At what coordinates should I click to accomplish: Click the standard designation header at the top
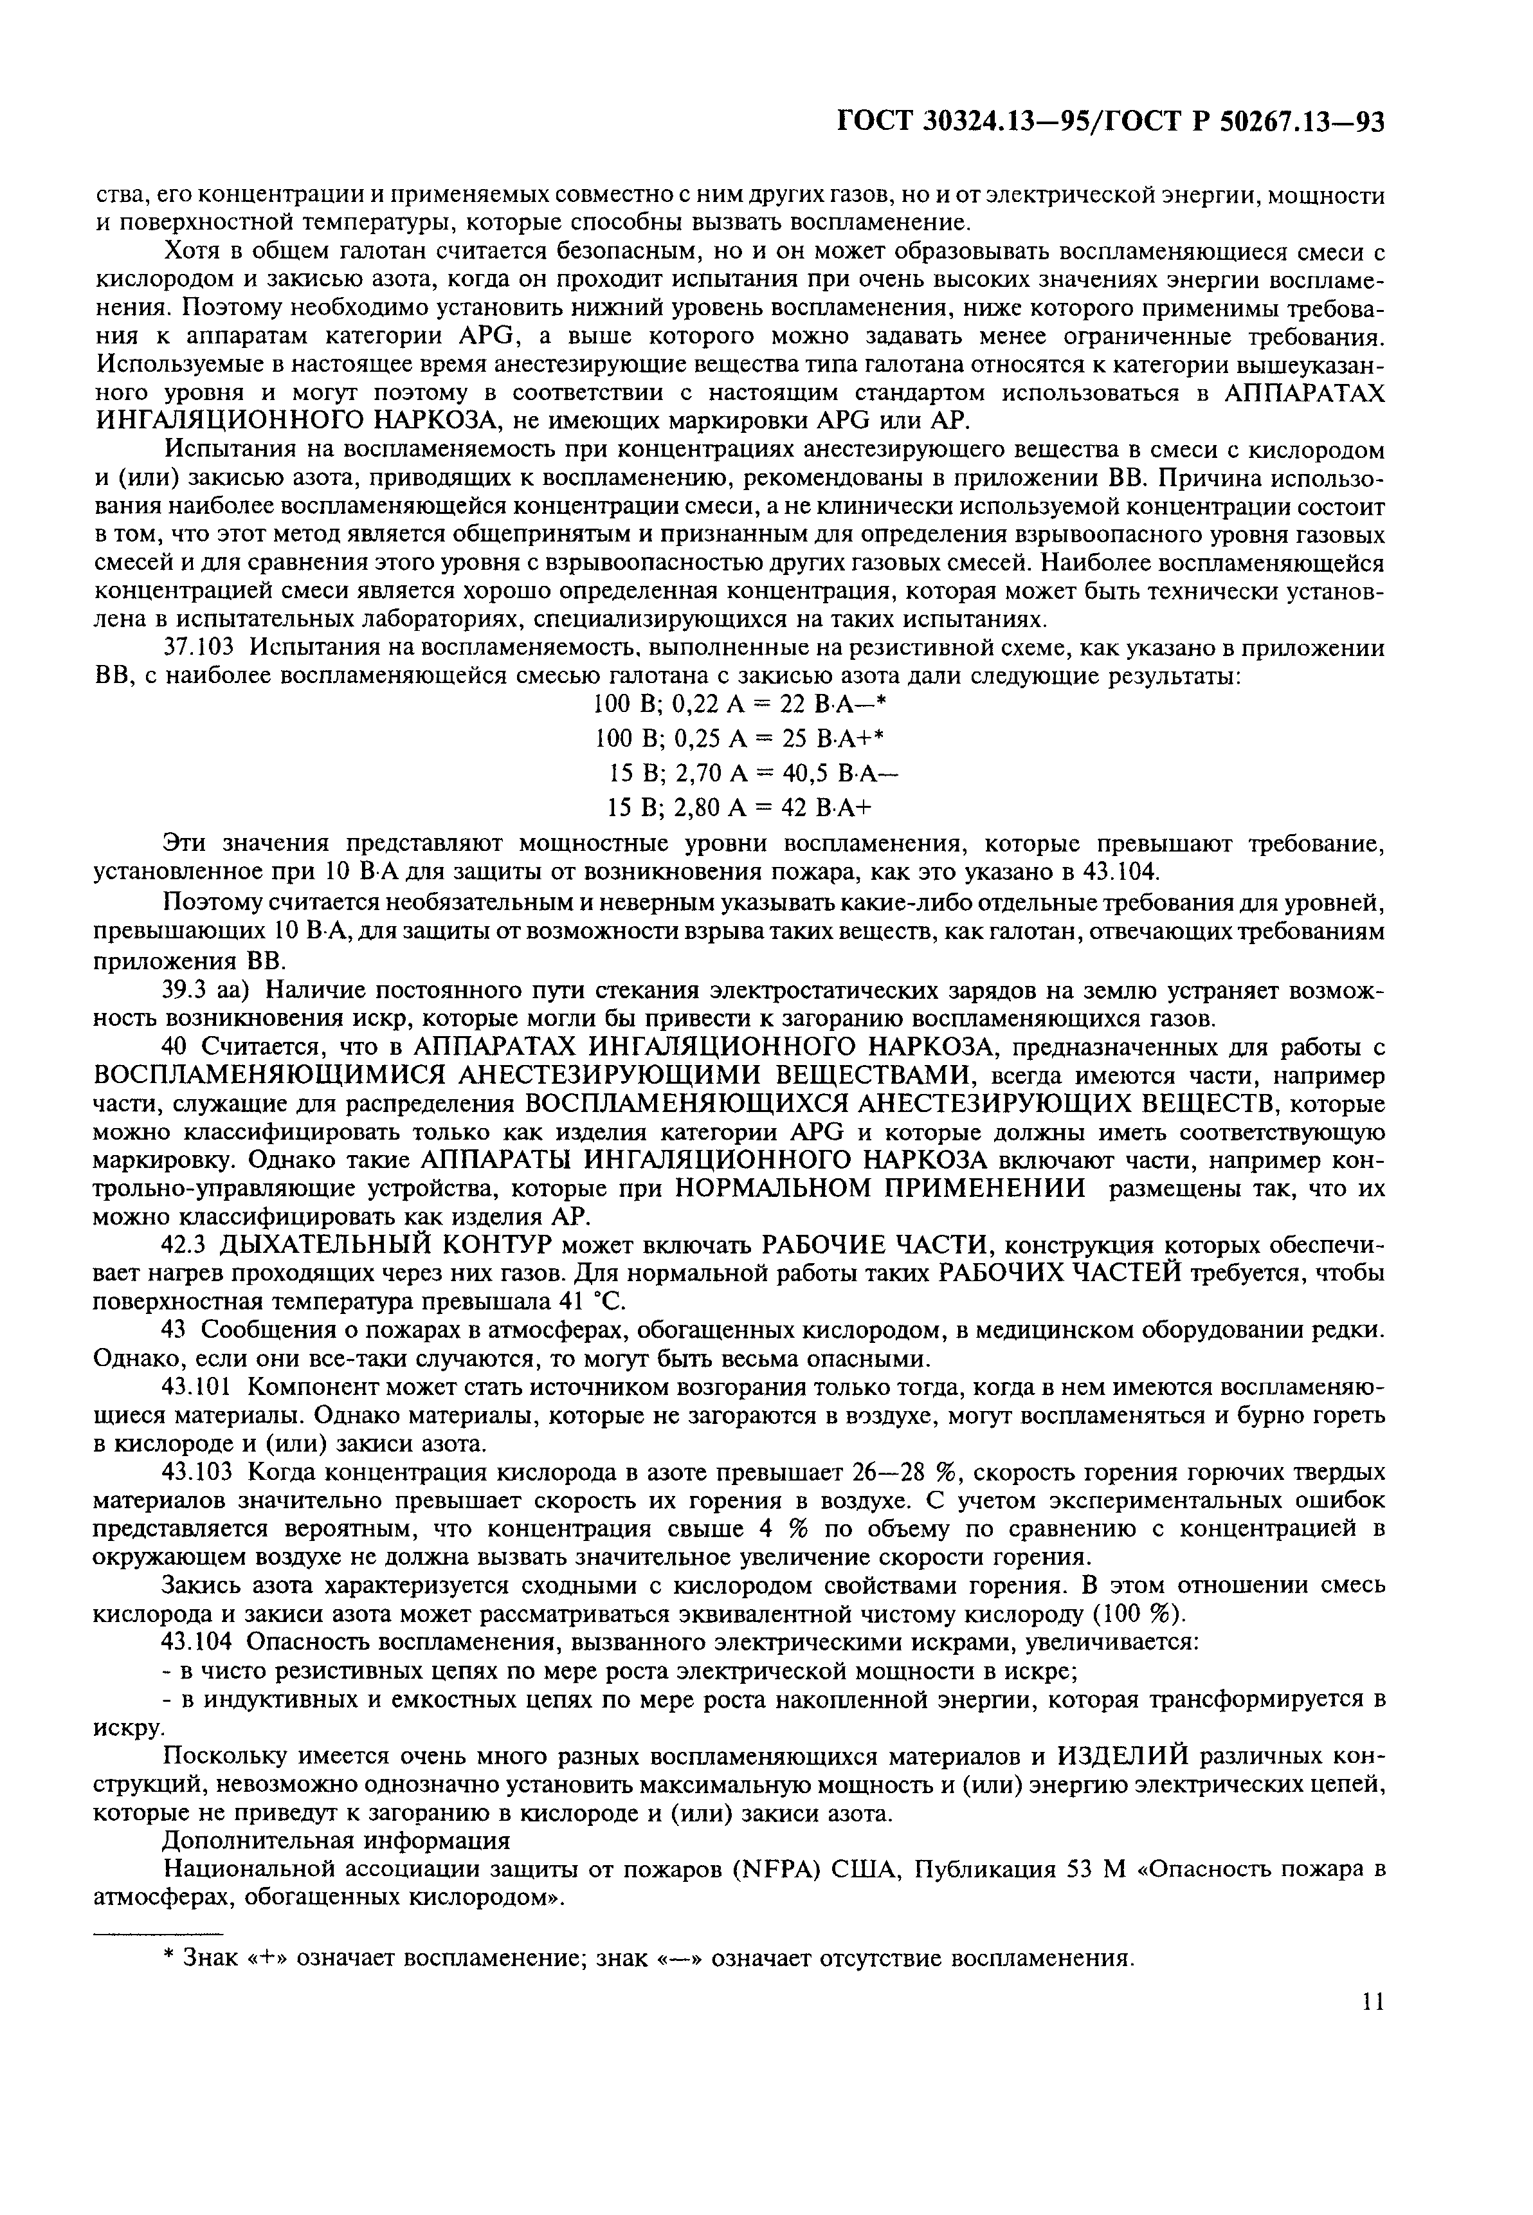coord(1111,122)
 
